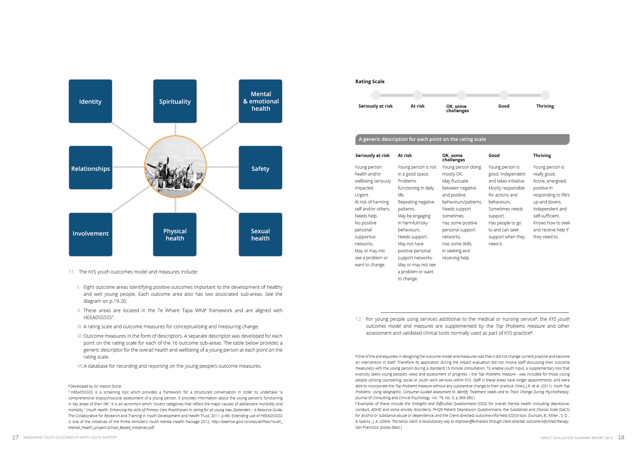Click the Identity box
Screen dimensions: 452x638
(x=90, y=101)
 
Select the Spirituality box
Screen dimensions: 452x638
(x=175, y=101)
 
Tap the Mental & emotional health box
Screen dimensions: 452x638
(x=260, y=101)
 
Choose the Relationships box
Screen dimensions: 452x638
(x=91, y=168)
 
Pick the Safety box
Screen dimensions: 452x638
(x=260, y=168)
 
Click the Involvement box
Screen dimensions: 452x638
(x=91, y=234)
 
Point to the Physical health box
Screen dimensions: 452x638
(x=175, y=234)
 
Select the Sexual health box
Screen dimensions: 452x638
(x=260, y=234)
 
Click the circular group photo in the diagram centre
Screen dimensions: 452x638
(x=175, y=167)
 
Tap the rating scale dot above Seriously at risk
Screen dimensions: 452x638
(x=376, y=95)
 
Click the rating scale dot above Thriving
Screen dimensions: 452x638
(x=545, y=95)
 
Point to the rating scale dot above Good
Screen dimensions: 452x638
(x=504, y=95)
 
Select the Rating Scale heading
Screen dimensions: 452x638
(x=370, y=82)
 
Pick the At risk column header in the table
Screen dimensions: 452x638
(x=405, y=156)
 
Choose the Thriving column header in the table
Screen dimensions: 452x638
(x=542, y=156)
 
